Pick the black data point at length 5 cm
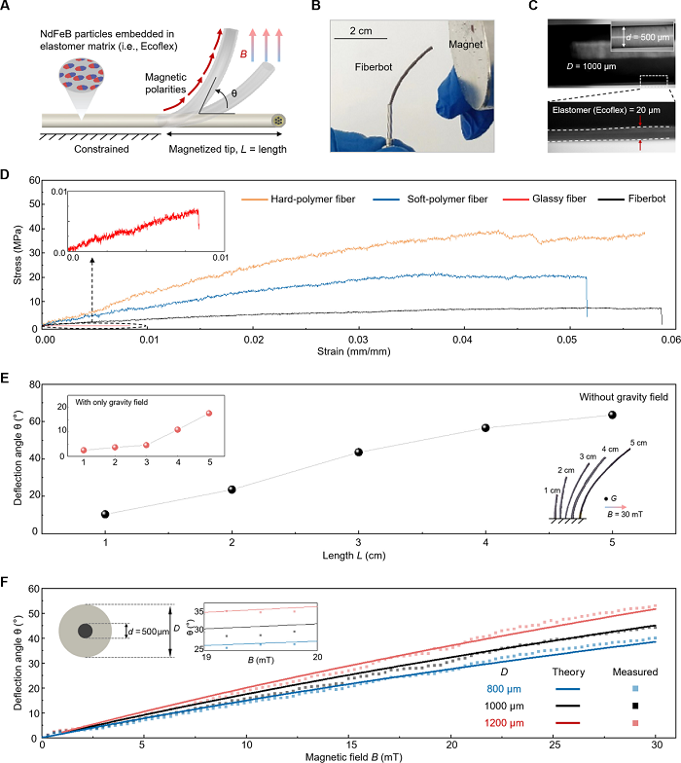pos(612,387)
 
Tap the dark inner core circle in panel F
pos(87,631)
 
